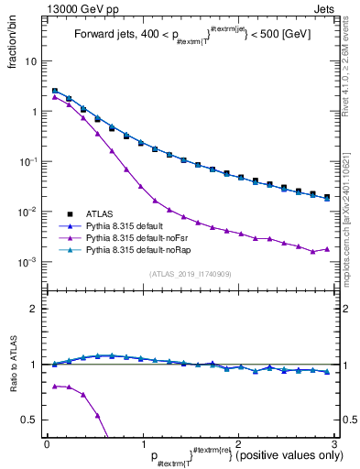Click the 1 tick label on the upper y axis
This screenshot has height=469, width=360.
33,112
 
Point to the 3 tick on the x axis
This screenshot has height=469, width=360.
336,444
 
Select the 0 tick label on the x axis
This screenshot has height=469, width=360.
47,444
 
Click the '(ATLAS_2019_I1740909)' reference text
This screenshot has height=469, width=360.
191,274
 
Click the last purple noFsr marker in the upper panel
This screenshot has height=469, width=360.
327,249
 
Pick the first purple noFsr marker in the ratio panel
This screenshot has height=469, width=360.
56,386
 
